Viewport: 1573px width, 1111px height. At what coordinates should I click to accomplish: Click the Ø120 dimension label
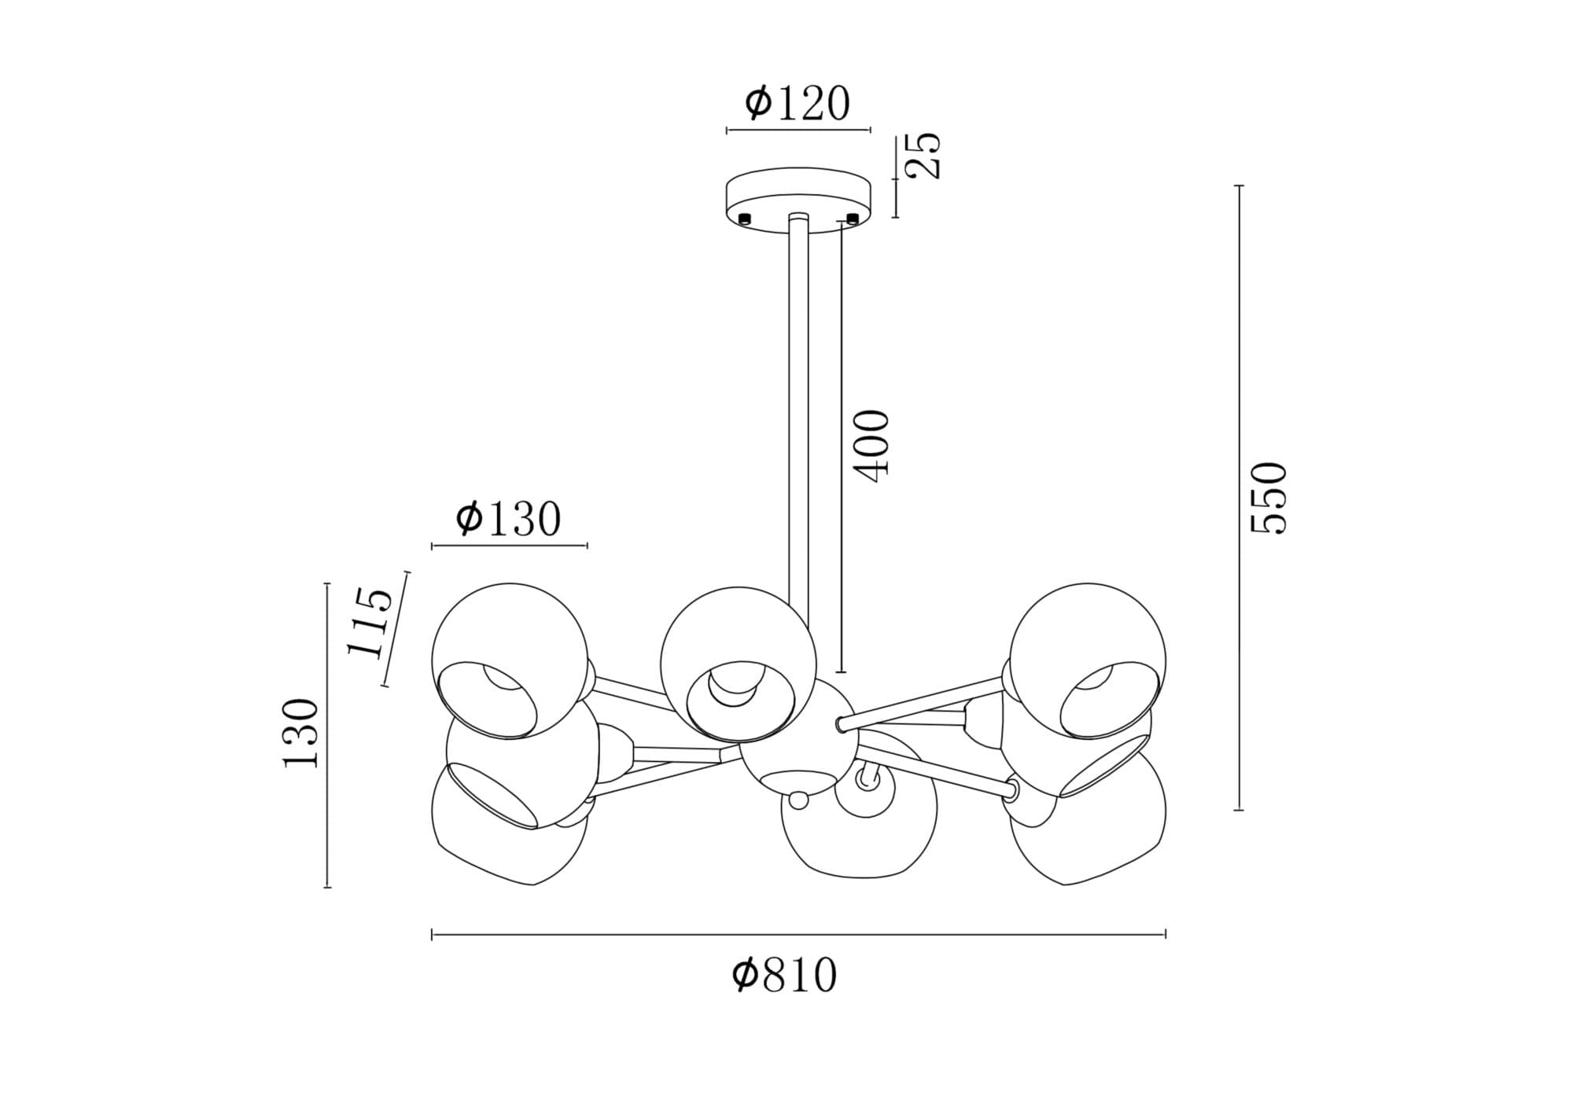798,104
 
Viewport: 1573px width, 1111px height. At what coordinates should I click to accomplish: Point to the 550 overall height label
1269,498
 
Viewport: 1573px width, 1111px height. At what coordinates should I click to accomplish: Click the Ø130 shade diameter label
508,519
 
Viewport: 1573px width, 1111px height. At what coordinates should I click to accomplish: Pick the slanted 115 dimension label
370,622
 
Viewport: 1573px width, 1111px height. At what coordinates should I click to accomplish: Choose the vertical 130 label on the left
300,733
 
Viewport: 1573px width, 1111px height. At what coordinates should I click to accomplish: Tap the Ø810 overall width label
785,976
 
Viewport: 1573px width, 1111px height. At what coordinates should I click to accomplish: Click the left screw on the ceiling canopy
744,218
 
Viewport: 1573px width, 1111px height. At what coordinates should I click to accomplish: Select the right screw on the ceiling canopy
852,218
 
